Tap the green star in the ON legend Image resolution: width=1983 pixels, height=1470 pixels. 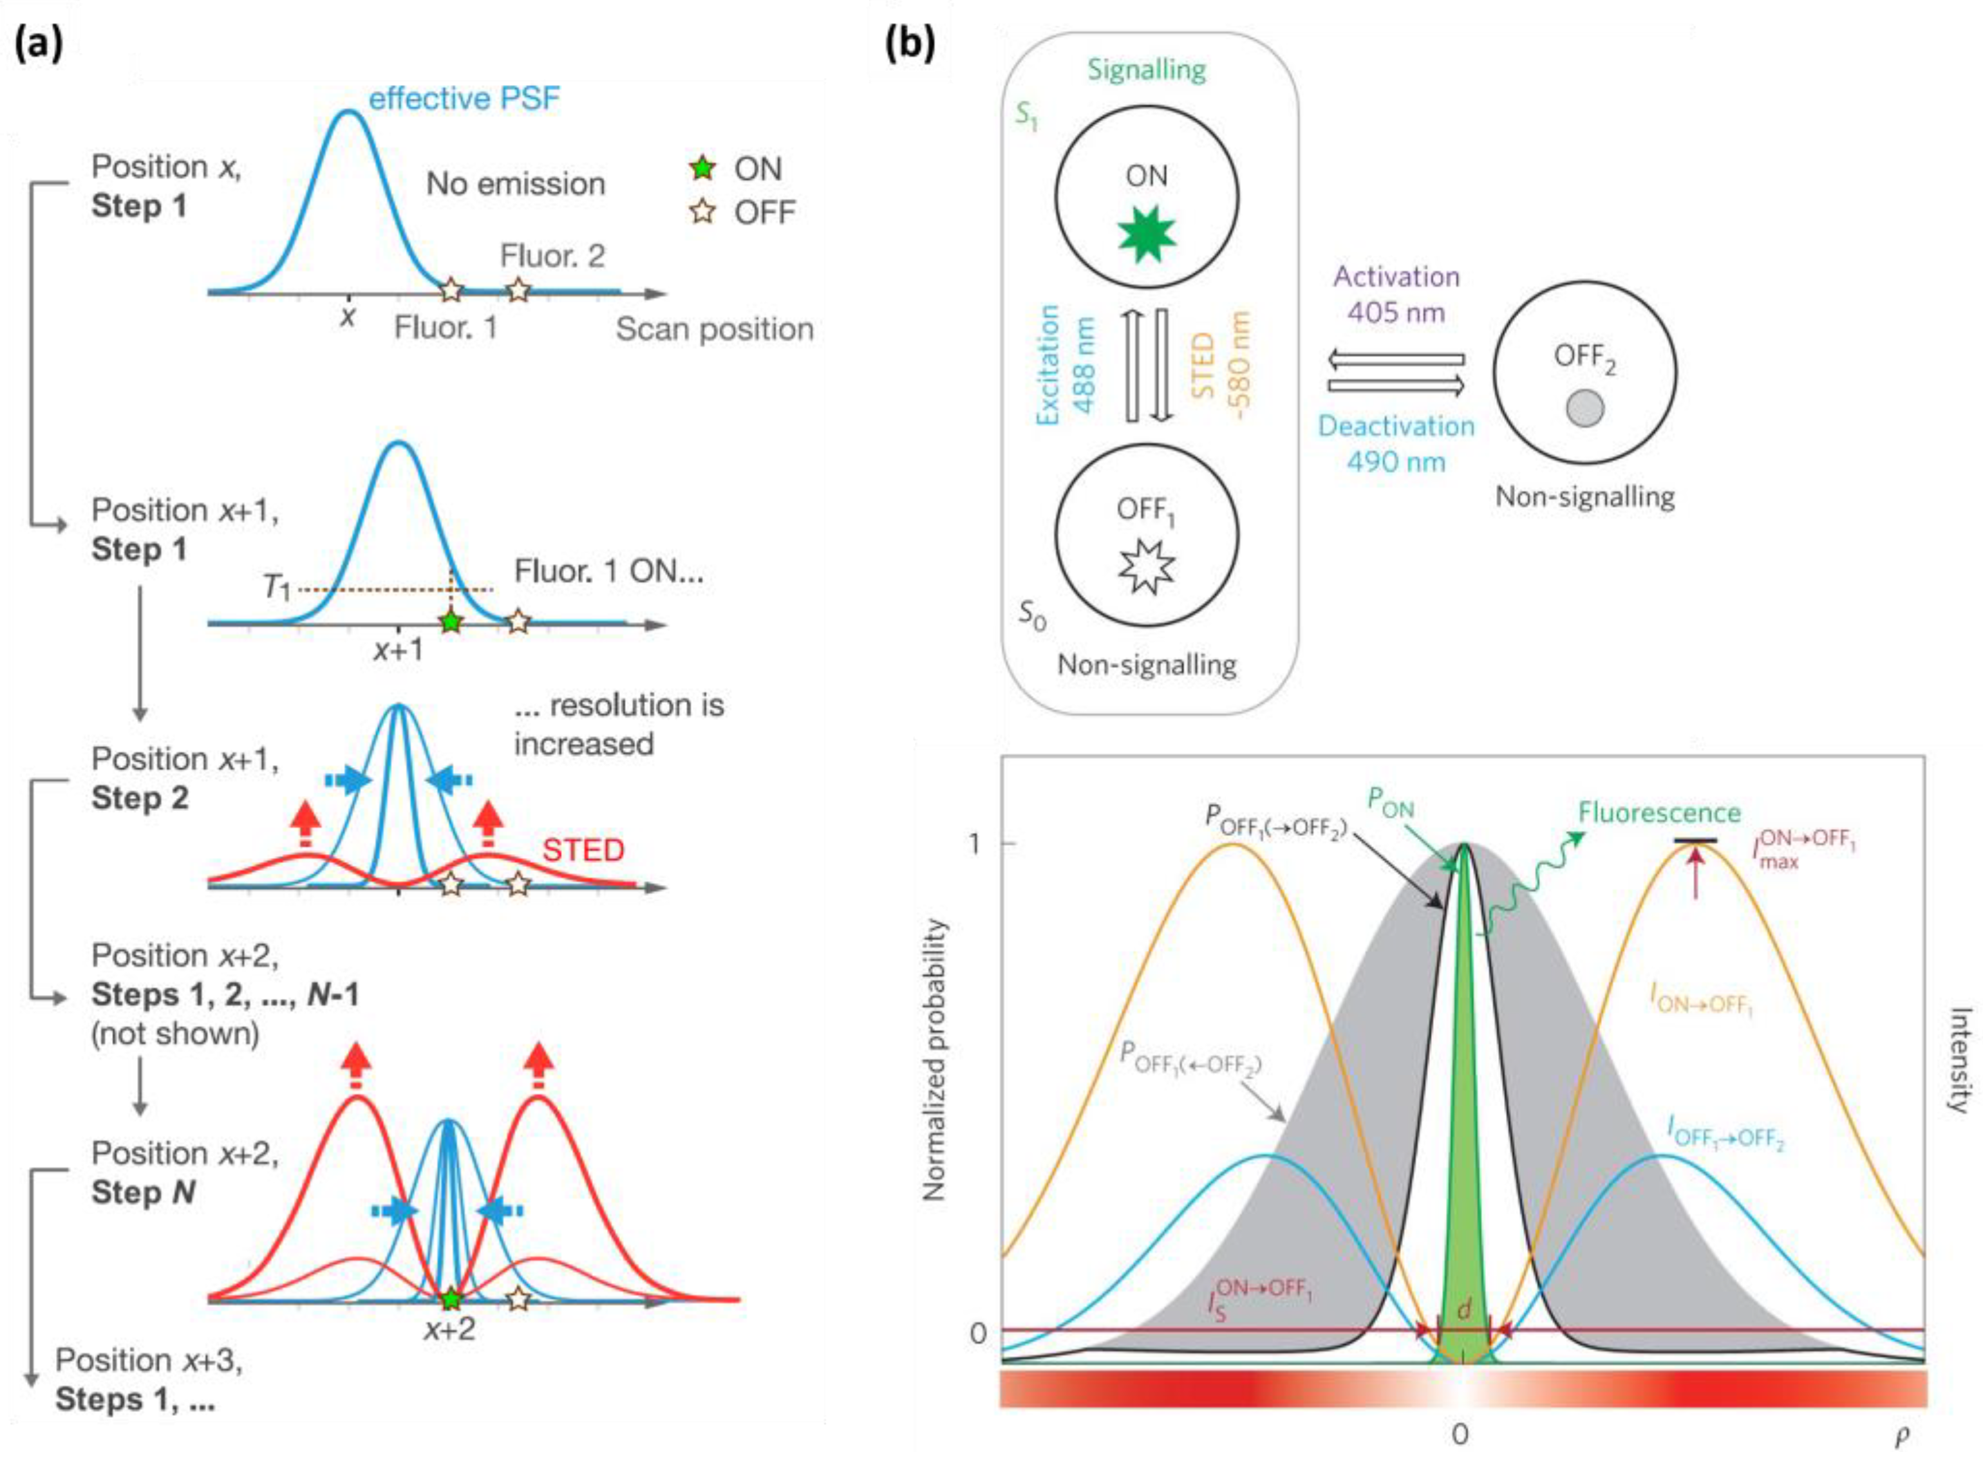click(703, 167)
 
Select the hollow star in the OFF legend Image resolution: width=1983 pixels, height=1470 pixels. click(703, 212)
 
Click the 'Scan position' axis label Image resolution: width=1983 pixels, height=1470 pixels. click(714, 330)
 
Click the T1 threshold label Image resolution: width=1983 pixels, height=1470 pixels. click(277, 587)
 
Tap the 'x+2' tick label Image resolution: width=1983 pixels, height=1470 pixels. click(449, 1330)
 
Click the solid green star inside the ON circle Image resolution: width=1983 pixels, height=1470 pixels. click(1147, 233)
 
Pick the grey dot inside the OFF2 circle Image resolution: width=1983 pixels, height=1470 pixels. click(1584, 409)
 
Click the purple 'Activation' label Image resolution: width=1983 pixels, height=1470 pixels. click(1396, 277)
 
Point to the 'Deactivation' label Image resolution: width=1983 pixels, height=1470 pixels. click(1396, 426)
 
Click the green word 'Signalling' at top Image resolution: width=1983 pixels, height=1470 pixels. click(1147, 70)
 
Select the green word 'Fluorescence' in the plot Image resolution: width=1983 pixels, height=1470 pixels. click(1659, 812)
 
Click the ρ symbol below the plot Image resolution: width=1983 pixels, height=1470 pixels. click(1901, 1435)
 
